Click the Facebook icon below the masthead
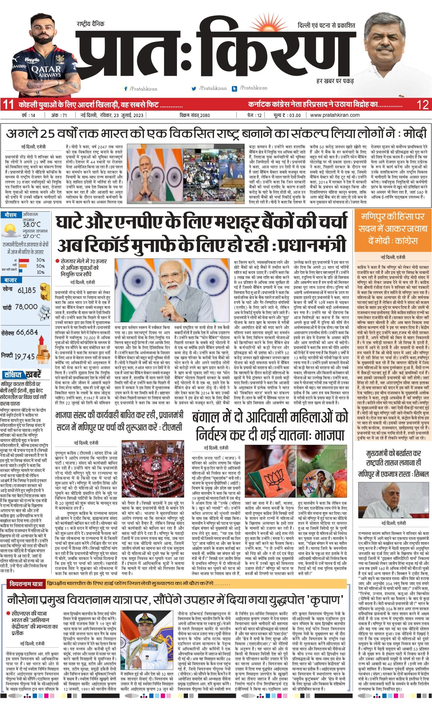coord(125,89)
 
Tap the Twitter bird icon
coord(194,89)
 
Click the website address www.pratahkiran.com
coord(335,115)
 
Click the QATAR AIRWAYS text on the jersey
coord(46,71)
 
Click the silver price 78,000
coord(26,307)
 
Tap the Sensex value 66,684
coord(27,332)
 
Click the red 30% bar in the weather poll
coord(24,260)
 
